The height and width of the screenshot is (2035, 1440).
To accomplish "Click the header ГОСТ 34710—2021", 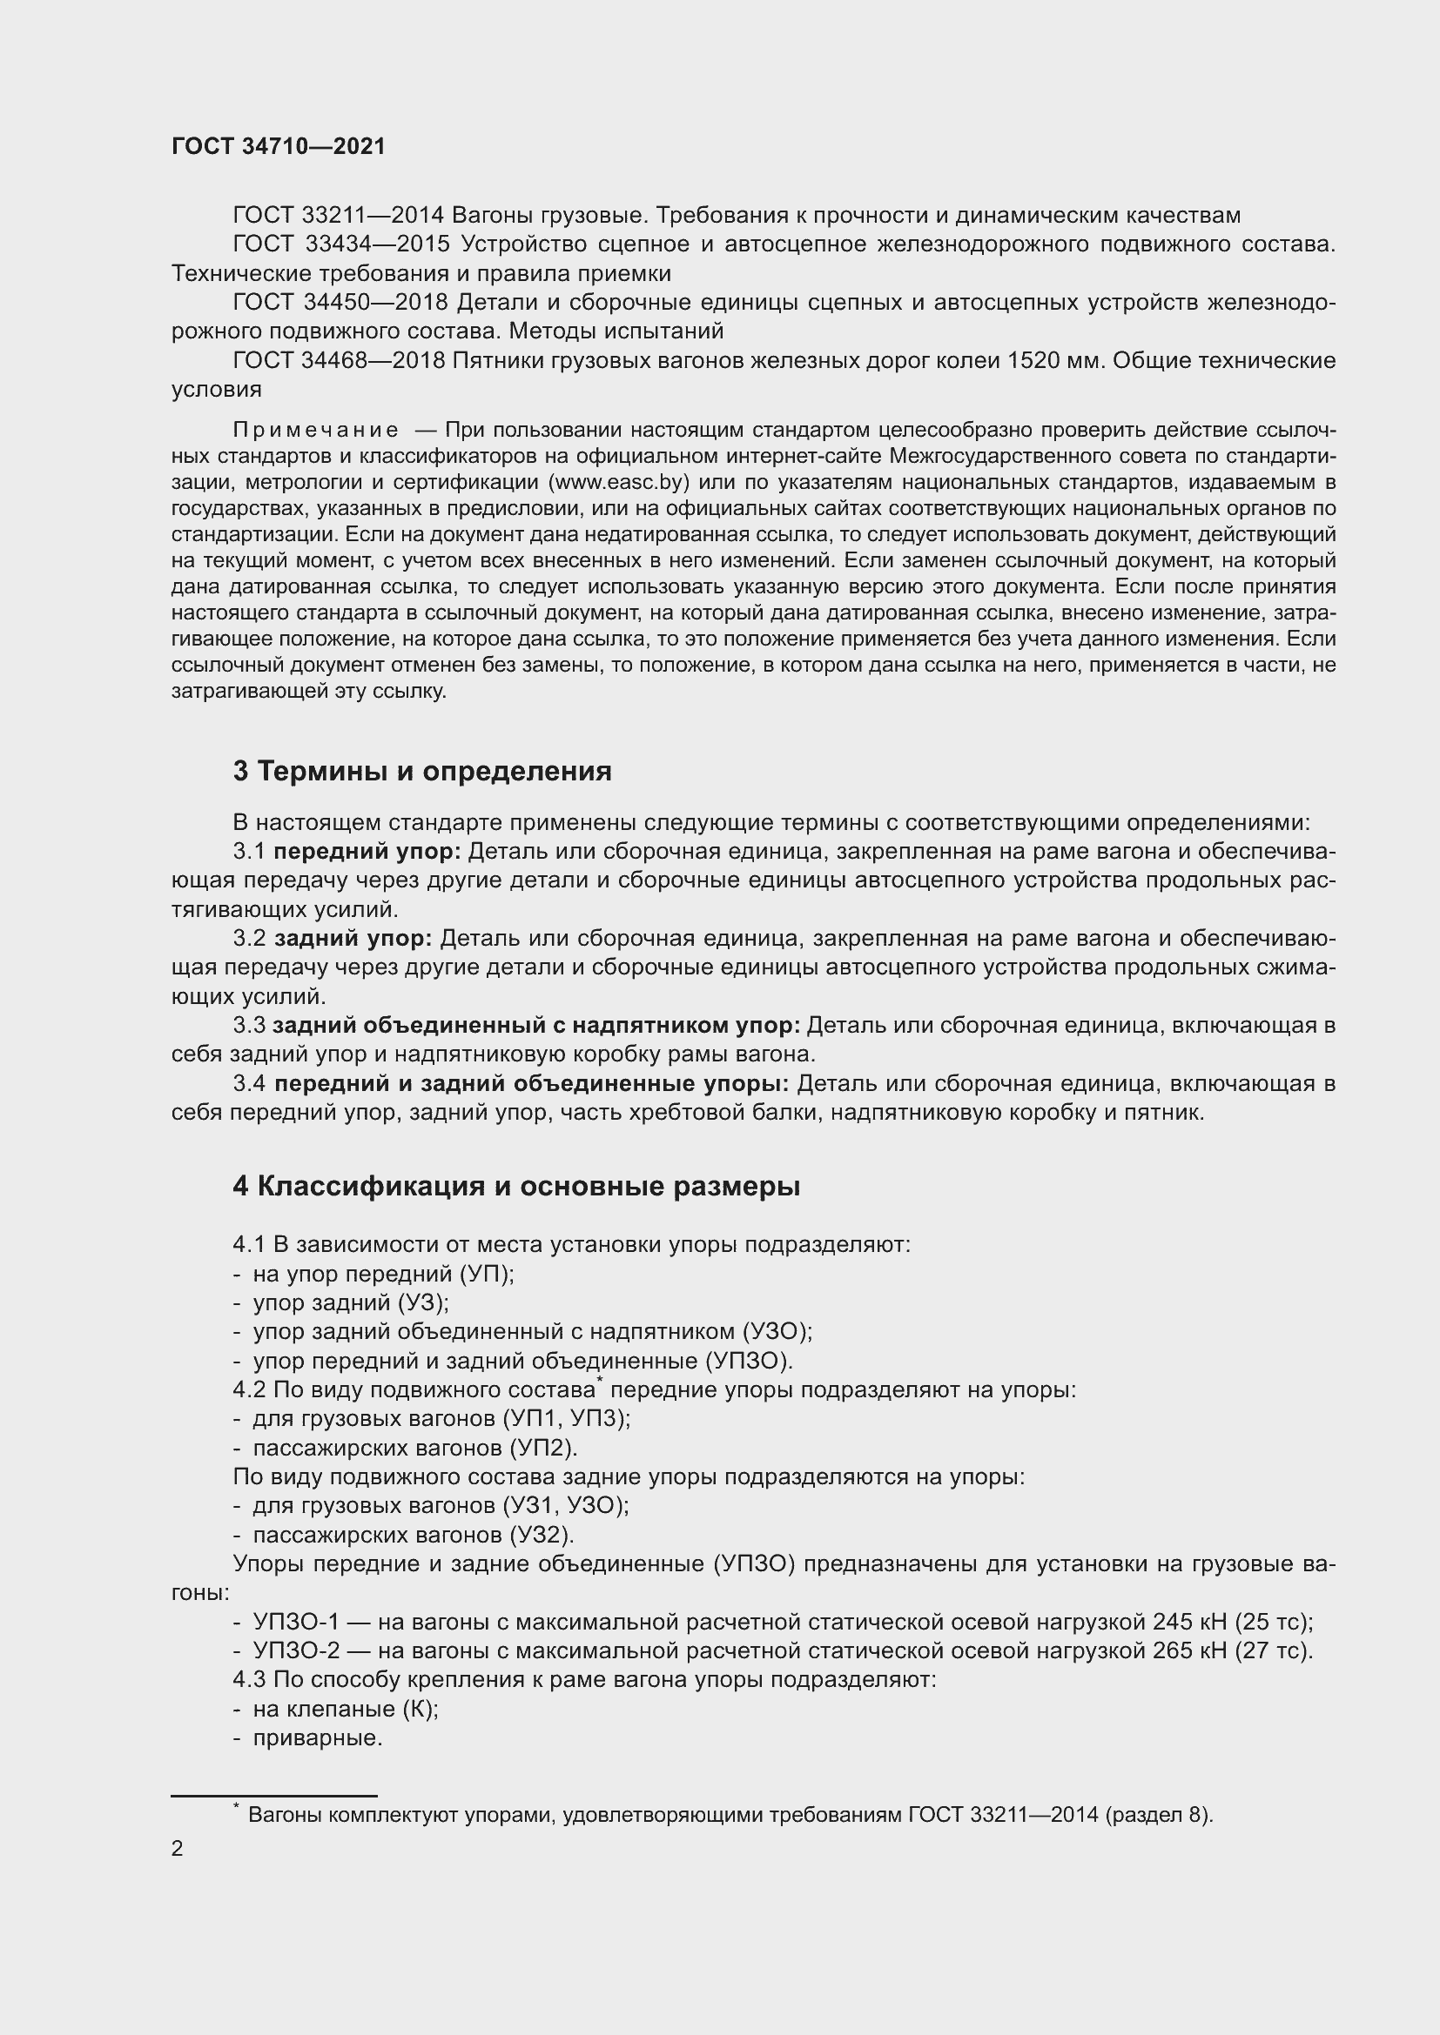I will pyautogui.click(x=279, y=147).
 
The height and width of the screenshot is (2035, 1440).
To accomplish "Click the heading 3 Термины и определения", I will pyautogui.click(x=422, y=772).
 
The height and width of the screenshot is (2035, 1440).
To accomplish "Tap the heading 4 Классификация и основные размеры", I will pyautogui.click(x=516, y=1187).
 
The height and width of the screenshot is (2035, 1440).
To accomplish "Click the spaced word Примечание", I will pyautogui.click(x=316, y=431).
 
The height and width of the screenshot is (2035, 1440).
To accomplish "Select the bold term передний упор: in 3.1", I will pyautogui.click(x=367, y=852).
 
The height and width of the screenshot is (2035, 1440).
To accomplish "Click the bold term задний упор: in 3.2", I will pyautogui.click(x=353, y=939).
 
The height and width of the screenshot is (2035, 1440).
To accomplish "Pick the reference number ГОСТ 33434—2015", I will pyautogui.click(x=342, y=244).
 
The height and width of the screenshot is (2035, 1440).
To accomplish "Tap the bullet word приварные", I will pyautogui.click(x=318, y=1738).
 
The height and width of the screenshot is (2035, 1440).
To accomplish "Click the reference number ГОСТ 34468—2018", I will pyautogui.click(x=342, y=361).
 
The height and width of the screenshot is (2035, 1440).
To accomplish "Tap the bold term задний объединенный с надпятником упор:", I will pyautogui.click(x=535, y=1026).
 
